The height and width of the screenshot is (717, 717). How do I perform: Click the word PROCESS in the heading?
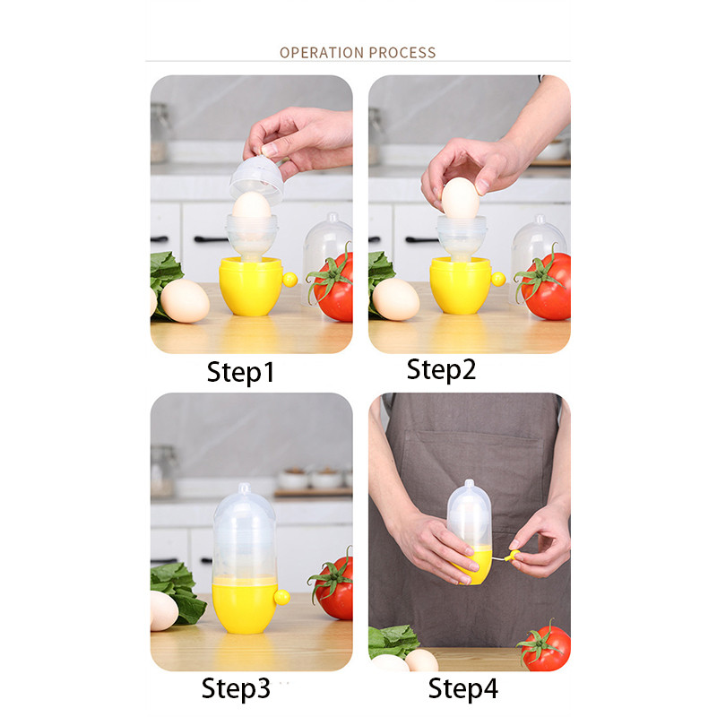point(402,53)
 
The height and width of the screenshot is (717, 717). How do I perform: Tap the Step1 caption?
point(240,373)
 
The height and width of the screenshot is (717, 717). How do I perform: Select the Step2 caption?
point(441,370)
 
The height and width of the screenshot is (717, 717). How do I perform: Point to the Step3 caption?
point(236,689)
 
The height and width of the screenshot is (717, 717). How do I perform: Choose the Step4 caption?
point(462,689)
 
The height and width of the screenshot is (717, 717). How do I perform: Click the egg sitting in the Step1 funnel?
point(252,206)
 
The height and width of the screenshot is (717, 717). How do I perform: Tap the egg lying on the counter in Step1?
point(185,301)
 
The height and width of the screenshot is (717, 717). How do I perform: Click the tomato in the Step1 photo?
point(333,286)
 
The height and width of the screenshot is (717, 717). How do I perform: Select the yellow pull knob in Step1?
point(289,280)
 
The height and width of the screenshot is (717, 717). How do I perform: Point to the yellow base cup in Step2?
point(461,285)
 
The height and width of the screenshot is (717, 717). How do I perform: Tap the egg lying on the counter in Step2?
point(396,299)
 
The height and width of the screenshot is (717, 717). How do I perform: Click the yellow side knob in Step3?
point(281,597)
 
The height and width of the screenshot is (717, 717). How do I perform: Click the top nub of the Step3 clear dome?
point(245,488)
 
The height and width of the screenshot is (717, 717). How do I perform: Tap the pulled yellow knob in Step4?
point(514,556)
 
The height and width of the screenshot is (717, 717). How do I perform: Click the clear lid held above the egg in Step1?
point(257,179)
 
